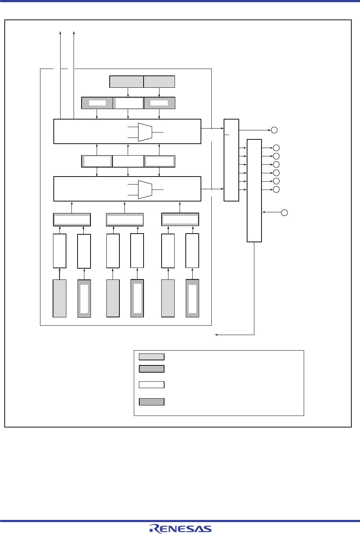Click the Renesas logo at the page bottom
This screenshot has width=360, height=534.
point(180,529)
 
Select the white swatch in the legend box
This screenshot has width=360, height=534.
point(152,385)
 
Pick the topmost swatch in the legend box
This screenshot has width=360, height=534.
point(152,357)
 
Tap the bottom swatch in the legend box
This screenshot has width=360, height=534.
point(152,402)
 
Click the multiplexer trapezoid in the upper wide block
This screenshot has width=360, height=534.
point(145,132)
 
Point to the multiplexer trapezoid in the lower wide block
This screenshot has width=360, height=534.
point(145,190)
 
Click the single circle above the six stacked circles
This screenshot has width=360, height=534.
point(275,130)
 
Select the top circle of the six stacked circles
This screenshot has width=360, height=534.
point(276,148)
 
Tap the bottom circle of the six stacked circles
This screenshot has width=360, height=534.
point(276,190)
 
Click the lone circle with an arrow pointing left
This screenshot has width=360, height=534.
point(284,212)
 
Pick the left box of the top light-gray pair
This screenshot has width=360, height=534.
point(126,82)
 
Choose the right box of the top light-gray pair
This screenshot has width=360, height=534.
point(159,82)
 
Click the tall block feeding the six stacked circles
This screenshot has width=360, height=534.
point(254,190)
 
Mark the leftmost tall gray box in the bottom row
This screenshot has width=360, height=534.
point(60,298)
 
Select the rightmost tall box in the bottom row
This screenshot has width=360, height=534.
point(192,299)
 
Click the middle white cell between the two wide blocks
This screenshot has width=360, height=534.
point(128,161)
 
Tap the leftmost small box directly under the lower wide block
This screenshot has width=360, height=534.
point(72,220)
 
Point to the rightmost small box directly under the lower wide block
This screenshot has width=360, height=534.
point(180,220)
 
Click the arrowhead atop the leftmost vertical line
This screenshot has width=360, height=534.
point(60,32)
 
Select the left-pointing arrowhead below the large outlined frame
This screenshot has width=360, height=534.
point(216,335)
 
